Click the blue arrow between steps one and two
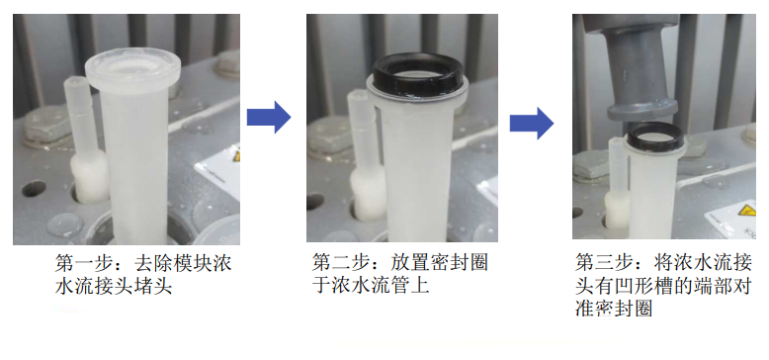pos(269,117)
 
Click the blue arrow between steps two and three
pos(532,123)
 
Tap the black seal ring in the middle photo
pos(418,73)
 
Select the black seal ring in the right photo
pos(655,136)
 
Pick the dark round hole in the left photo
pos(34,188)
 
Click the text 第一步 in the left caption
pos(80,264)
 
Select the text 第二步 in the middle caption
pos(337,263)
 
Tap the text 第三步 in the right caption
pos(600,263)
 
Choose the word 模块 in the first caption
pos(192,264)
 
